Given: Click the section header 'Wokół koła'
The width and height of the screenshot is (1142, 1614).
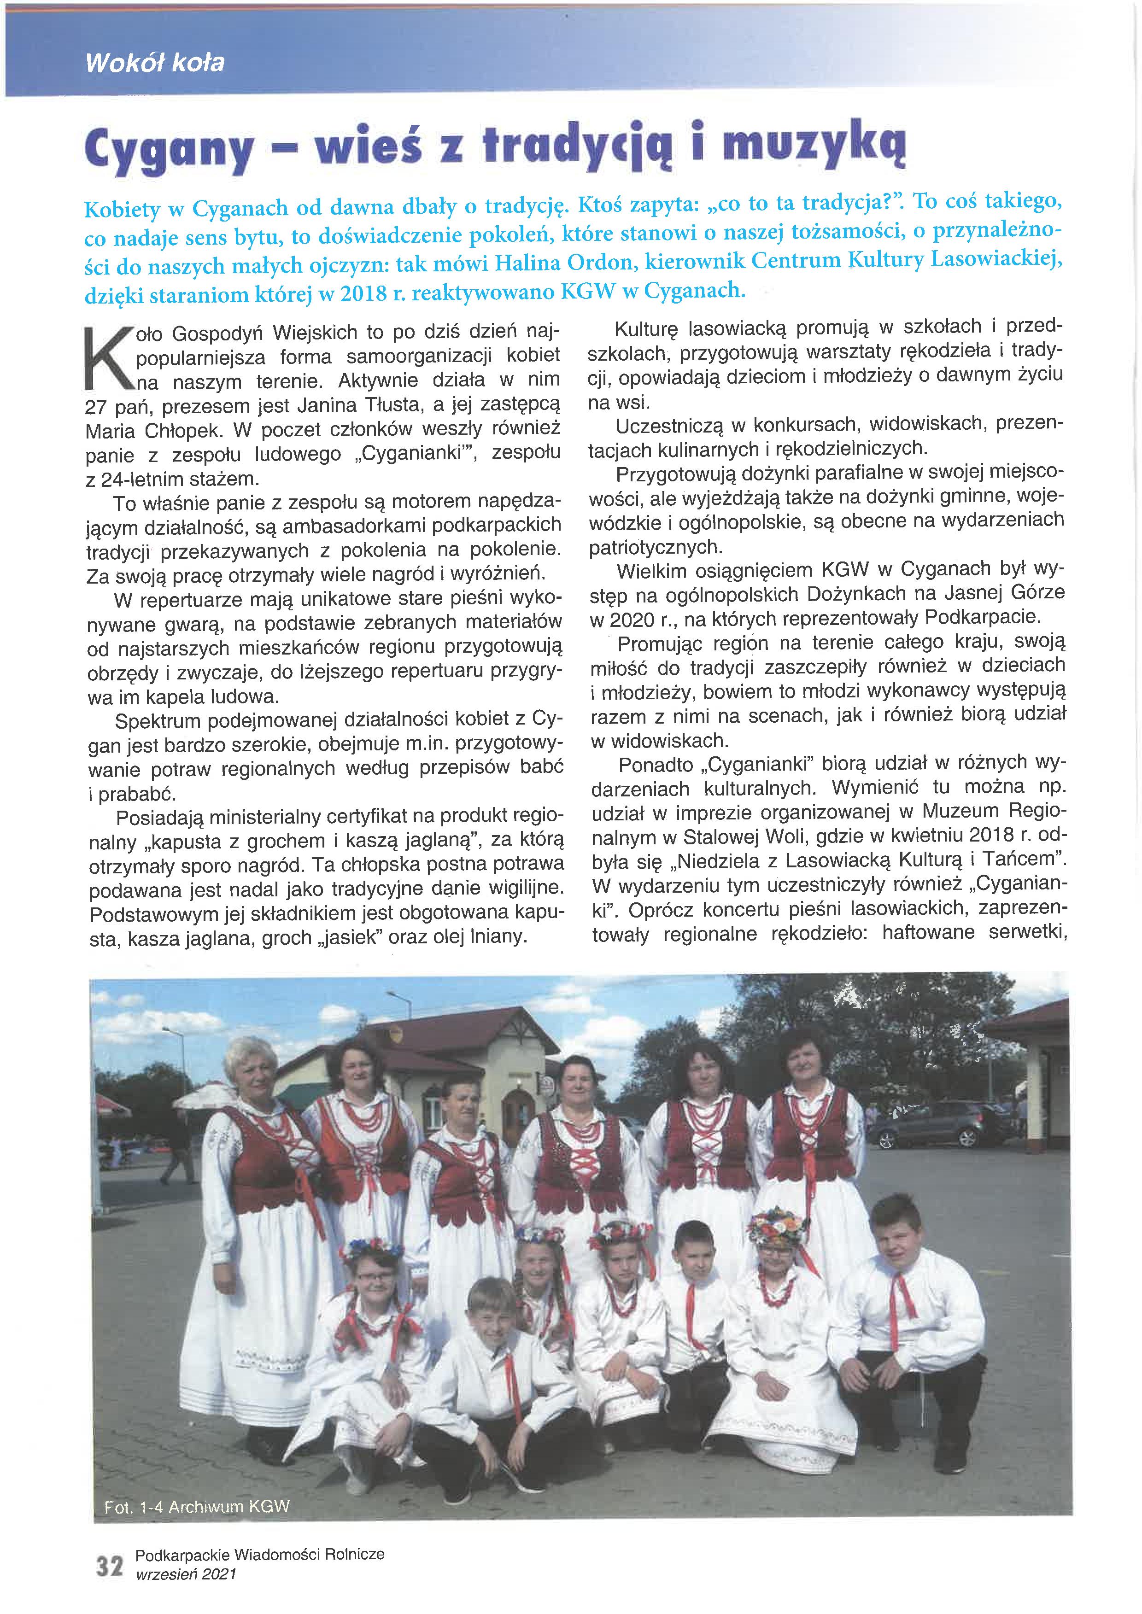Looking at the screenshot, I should click(x=155, y=63).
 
